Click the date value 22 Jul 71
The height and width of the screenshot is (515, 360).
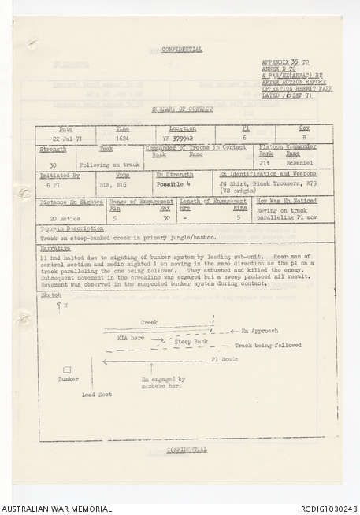coord(67,135)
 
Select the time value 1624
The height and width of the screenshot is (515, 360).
coord(123,135)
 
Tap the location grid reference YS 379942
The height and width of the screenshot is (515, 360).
coord(180,135)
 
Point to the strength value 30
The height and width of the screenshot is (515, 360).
coord(53,165)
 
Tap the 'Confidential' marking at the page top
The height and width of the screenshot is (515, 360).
coord(182,49)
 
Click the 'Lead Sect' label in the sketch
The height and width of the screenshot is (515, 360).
coord(96,394)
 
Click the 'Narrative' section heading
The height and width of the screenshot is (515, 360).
coord(55,246)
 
